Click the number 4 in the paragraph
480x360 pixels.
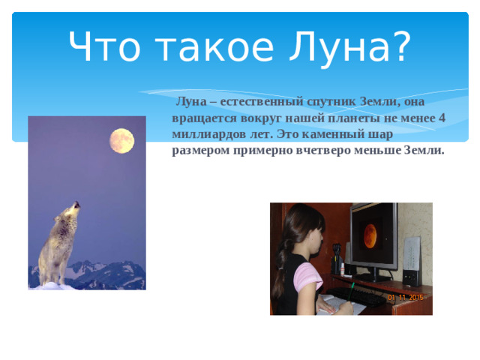(442, 118)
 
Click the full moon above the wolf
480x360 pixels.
(122, 139)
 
